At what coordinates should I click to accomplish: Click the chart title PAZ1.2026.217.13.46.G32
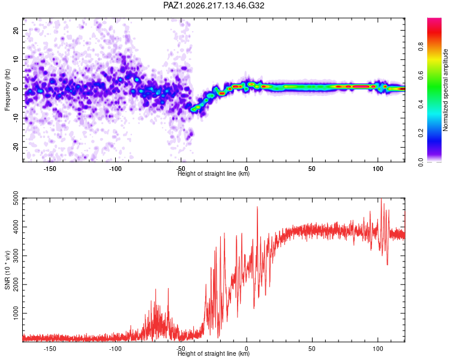point(214,5)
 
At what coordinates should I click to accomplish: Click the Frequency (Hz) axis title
point(7,89)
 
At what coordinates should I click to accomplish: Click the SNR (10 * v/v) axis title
point(7,270)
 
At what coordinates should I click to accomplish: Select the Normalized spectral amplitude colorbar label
point(445,90)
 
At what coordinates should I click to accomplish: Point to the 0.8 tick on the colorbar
point(421,46)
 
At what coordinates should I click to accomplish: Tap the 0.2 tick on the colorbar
point(421,133)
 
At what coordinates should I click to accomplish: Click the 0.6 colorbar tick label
point(421,75)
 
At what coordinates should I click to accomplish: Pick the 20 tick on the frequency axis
point(16,30)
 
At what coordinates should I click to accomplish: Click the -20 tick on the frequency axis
point(16,147)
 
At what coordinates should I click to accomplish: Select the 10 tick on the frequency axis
point(16,59)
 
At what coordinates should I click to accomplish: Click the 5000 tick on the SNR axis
point(16,198)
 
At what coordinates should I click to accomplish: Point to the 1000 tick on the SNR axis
point(16,313)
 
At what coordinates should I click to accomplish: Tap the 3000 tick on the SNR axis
point(16,256)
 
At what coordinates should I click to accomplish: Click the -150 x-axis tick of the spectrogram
point(50,169)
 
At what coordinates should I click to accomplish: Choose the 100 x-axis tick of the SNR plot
point(377,349)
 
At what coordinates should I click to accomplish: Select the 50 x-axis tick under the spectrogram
point(312,169)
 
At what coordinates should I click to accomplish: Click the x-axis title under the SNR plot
point(214,353)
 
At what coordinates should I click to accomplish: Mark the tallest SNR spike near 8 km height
point(257,207)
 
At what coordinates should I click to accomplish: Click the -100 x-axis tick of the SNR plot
point(115,349)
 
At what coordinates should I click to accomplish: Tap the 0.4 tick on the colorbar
point(421,104)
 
